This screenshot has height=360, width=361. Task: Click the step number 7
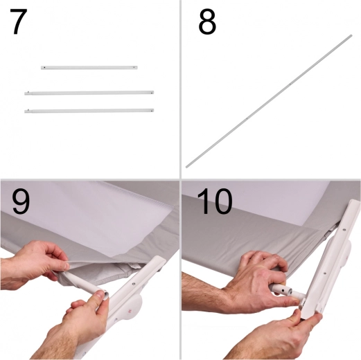click(19, 21)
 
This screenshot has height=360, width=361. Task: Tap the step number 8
click(207, 22)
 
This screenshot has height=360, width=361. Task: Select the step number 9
click(21, 201)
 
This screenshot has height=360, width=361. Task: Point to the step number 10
click(215, 201)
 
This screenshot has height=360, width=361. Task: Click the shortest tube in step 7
click(89, 68)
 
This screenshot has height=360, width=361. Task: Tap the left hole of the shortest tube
click(44, 68)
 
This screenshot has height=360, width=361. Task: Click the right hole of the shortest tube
click(134, 68)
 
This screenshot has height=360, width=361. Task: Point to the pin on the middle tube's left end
click(28, 92)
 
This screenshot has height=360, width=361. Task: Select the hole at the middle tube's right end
click(151, 93)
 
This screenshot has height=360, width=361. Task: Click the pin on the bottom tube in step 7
click(28, 110)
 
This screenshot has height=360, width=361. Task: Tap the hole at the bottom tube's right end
click(151, 111)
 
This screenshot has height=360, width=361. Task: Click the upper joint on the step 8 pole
click(290, 84)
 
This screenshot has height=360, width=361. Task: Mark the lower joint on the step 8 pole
click(247, 118)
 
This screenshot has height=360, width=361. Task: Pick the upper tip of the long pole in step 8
click(351, 35)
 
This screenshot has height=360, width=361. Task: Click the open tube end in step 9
click(105, 295)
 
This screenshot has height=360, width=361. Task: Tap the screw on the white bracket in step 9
click(134, 283)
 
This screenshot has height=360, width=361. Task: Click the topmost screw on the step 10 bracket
click(344, 230)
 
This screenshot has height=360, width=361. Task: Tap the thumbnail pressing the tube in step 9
click(99, 294)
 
